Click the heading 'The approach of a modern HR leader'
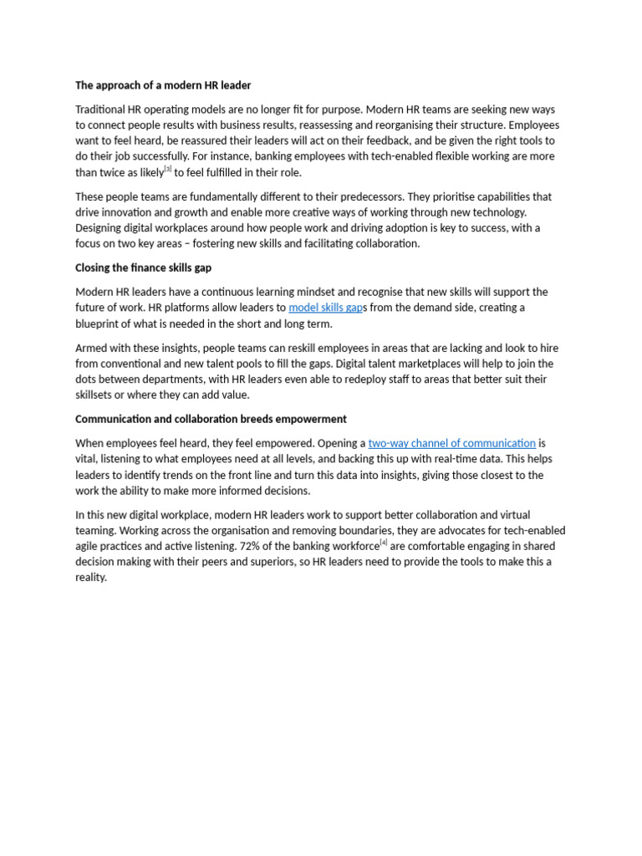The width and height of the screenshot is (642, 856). [163, 85]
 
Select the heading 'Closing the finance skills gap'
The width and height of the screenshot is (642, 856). [143, 268]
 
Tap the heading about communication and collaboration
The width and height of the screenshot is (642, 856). [211, 419]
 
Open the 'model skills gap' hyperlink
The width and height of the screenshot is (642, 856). [326, 308]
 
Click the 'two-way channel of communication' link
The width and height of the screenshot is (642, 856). [451, 443]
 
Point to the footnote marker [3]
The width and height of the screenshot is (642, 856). [168, 169]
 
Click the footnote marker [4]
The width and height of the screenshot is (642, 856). [384, 542]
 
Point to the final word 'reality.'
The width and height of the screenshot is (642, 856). [91, 578]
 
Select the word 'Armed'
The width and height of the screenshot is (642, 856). [91, 348]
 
